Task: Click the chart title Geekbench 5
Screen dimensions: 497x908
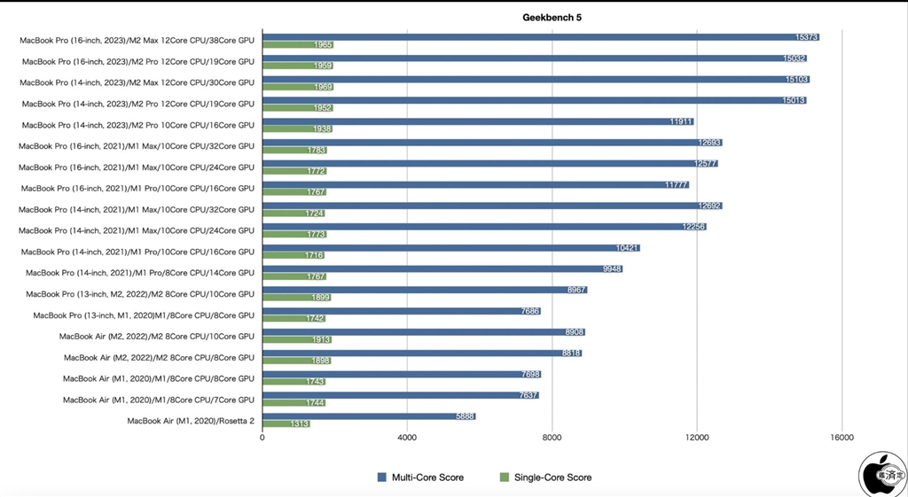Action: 552,17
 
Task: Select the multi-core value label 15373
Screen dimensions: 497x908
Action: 806,37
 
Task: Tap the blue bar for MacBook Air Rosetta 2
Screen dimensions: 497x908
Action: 369,415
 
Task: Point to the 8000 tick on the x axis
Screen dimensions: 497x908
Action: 552,438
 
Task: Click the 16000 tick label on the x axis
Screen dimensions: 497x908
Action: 841,438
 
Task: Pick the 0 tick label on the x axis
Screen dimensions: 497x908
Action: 262,438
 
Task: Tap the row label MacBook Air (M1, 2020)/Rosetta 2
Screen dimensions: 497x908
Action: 191,421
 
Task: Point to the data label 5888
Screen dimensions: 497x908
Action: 465,416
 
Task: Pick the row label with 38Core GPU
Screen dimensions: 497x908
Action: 137,40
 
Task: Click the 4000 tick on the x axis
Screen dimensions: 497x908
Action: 407,438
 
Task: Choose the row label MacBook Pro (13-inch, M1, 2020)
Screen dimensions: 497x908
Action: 144,315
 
